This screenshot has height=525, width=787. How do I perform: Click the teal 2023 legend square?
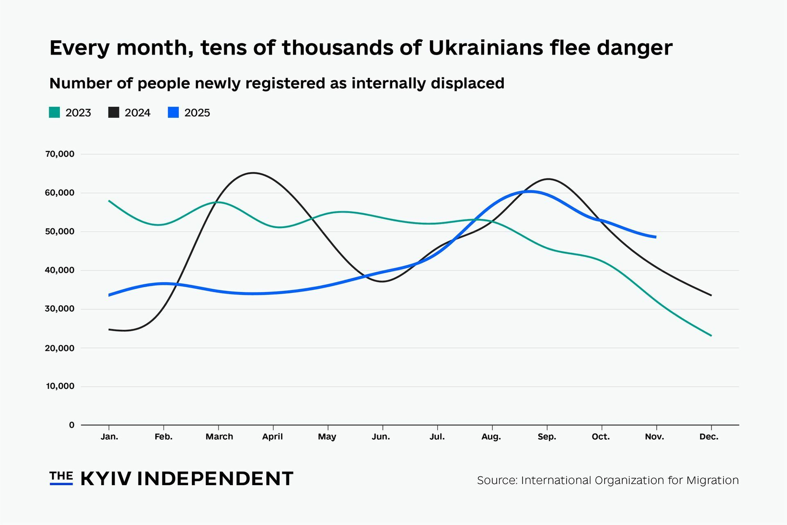click(x=54, y=113)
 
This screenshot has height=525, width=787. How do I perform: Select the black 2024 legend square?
click(x=114, y=113)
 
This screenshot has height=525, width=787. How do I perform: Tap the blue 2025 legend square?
click(x=174, y=113)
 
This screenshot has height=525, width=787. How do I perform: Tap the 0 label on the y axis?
click(x=72, y=425)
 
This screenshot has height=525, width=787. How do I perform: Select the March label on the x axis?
click(x=219, y=437)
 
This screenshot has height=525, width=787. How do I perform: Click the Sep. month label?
click(x=547, y=437)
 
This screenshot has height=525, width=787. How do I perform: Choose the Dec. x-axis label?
click(x=709, y=437)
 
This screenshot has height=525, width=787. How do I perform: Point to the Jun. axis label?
click(x=381, y=437)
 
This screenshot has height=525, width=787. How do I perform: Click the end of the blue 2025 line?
click(x=656, y=237)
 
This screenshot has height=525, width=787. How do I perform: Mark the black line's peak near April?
click(x=254, y=173)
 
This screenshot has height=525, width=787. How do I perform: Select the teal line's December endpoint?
click(x=711, y=336)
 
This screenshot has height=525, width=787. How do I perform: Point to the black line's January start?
click(x=109, y=329)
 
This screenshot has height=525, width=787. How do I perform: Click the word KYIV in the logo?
click(x=106, y=479)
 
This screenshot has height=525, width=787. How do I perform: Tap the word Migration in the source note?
click(x=712, y=480)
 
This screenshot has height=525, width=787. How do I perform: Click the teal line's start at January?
click(x=109, y=201)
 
